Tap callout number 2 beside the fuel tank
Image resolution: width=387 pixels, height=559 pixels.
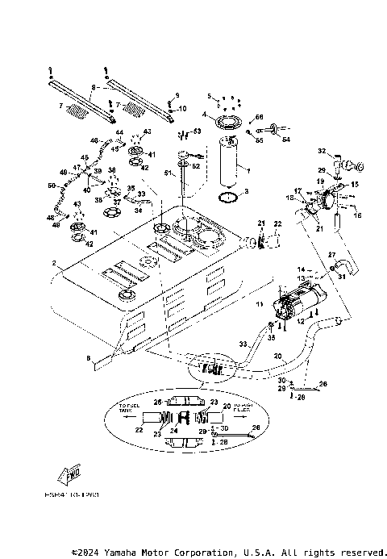(x=54, y=263)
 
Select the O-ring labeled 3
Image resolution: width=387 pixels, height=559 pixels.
(x=230, y=196)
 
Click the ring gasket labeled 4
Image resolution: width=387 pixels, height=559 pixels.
(x=227, y=123)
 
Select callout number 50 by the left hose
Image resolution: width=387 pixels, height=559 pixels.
(x=51, y=187)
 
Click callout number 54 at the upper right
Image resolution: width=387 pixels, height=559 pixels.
(x=284, y=140)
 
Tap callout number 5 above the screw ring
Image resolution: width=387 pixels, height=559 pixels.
(x=208, y=95)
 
